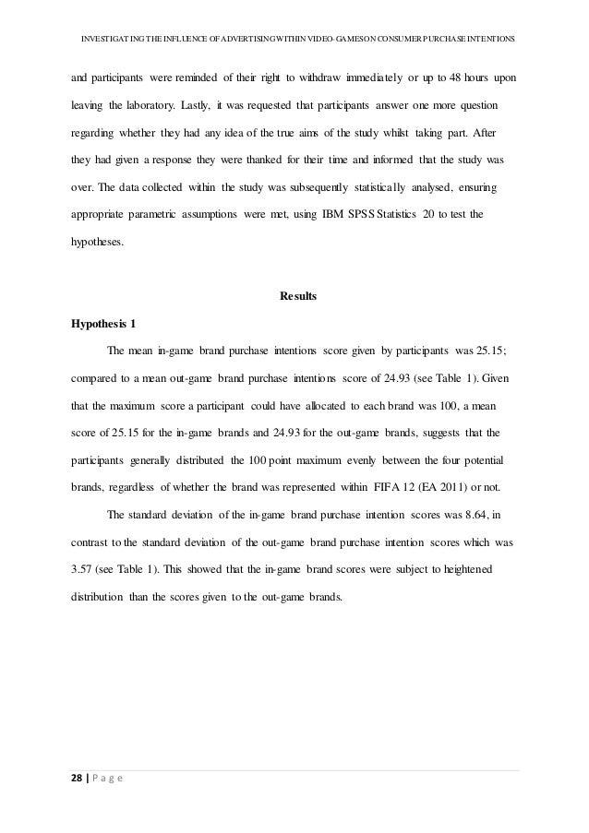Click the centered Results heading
point(297,297)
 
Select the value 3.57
point(85,569)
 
